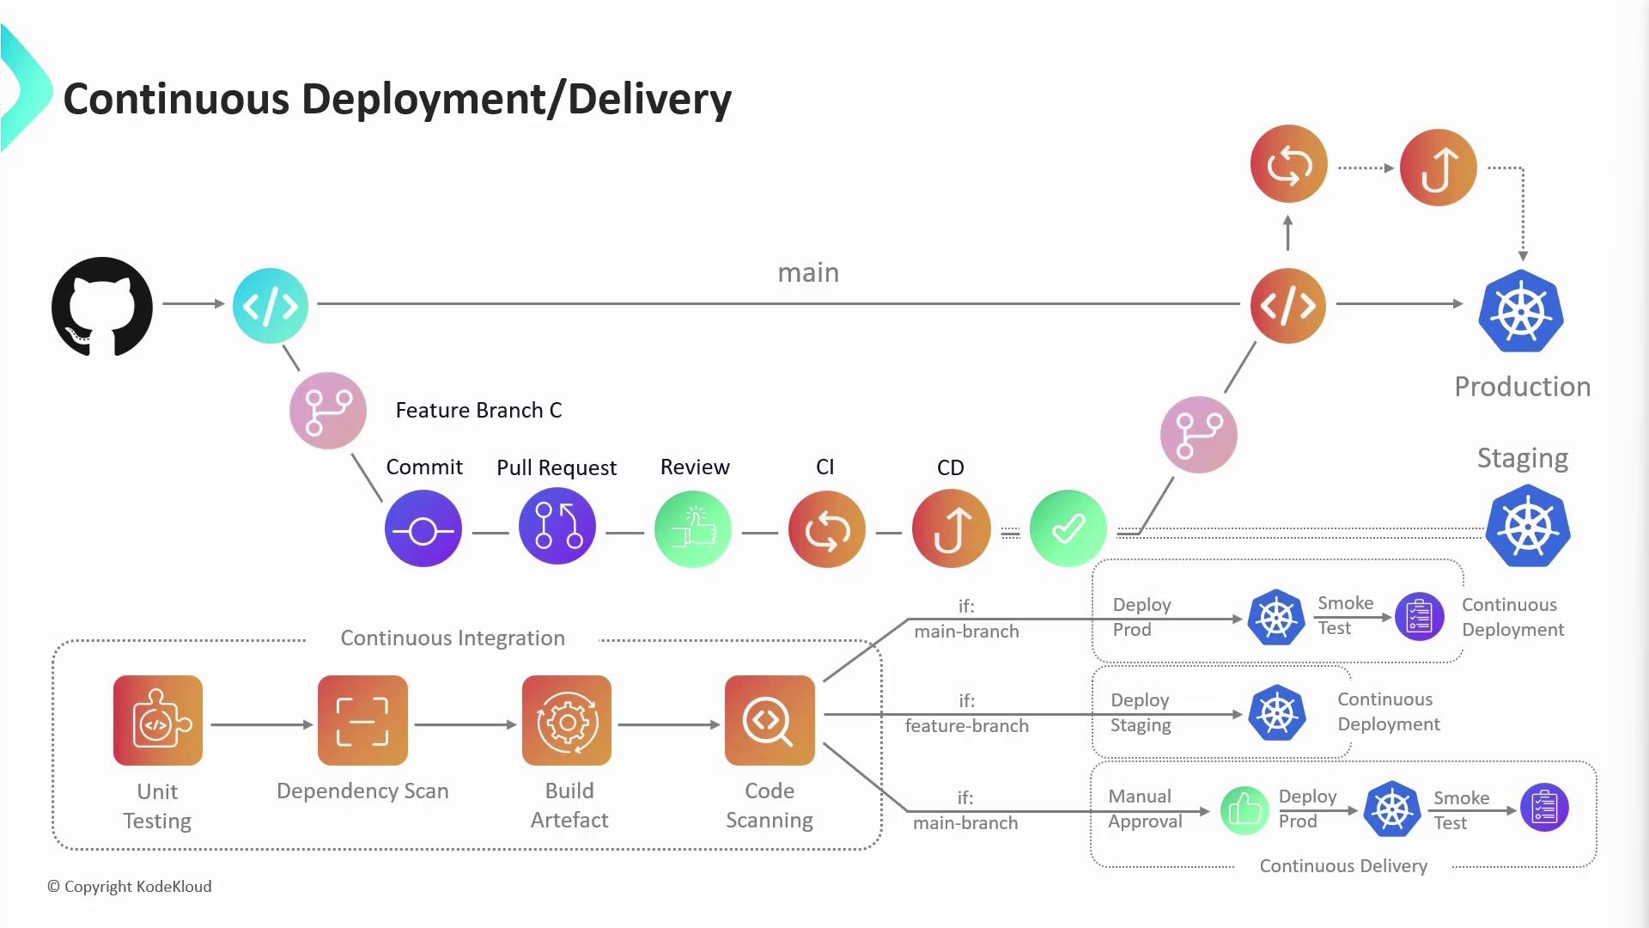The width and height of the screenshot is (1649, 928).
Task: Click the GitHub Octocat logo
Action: tap(102, 306)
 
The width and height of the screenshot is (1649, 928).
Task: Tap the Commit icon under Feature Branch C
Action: tap(423, 529)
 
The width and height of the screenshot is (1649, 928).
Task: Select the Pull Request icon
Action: tap(557, 527)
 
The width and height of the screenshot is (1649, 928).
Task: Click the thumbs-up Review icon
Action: tap(693, 528)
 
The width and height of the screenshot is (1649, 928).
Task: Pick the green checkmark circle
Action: tap(1068, 528)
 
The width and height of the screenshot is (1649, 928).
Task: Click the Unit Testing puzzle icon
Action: tap(158, 720)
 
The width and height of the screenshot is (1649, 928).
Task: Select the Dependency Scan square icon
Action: tap(362, 720)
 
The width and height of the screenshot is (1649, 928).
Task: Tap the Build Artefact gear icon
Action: tap(567, 720)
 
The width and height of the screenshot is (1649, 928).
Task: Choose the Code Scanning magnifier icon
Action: tap(770, 720)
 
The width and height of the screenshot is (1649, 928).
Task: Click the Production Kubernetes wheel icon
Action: tap(1521, 311)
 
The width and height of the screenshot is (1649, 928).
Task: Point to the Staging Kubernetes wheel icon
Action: tap(1528, 526)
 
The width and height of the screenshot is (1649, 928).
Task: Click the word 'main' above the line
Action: tap(808, 272)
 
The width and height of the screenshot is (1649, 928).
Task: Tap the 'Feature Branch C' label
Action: tap(478, 411)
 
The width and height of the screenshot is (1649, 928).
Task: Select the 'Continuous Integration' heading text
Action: tap(453, 638)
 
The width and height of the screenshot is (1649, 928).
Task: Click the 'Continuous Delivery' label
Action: tap(1343, 866)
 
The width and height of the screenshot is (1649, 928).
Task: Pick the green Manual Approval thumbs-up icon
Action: tap(1244, 809)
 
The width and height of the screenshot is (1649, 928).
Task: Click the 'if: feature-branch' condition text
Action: tap(966, 714)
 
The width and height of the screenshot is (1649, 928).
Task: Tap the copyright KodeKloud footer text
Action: tap(130, 887)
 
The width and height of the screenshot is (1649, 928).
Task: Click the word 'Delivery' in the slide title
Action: tap(649, 99)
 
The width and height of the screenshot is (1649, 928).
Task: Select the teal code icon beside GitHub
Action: tap(271, 306)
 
